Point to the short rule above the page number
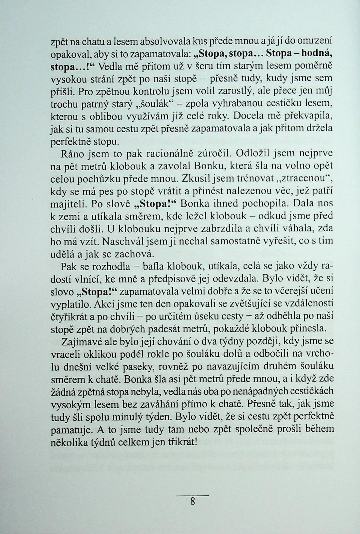193,495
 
